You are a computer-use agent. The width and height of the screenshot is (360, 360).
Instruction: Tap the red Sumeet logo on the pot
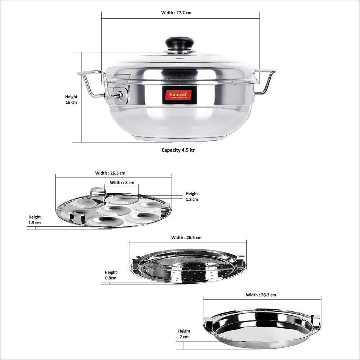pos(177,95)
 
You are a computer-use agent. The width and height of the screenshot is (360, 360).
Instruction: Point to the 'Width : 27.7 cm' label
pos(176,13)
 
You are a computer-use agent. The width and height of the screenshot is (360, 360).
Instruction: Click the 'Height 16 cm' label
pos(71,99)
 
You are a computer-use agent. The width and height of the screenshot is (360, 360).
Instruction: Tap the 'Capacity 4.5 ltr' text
pos(178,150)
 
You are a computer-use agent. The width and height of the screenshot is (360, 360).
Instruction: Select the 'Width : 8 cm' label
pos(122,183)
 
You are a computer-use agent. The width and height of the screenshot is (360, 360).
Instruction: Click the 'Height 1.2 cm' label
pos(192,197)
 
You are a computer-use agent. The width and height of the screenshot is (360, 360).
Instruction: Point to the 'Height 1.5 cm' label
pos(35,220)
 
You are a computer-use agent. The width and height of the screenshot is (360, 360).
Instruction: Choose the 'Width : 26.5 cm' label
pos(186,237)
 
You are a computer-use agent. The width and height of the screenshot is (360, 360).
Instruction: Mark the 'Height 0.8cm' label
pos(111,275)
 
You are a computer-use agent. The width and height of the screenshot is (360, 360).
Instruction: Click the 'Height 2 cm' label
pos(184,334)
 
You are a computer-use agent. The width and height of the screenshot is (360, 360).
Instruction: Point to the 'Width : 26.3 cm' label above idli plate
pos(110,173)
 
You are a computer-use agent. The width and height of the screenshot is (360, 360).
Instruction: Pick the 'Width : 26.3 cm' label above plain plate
pos(261,295)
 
